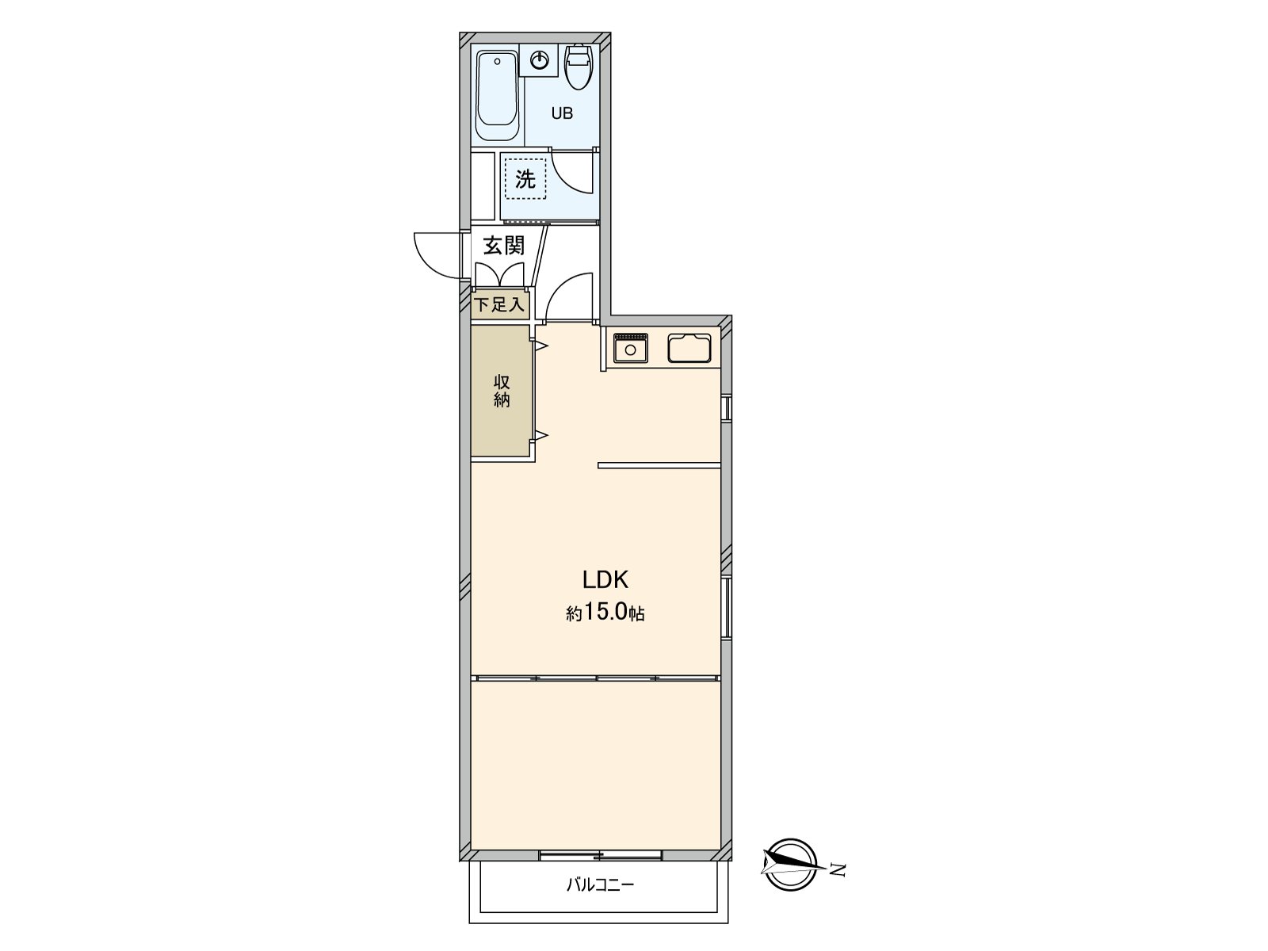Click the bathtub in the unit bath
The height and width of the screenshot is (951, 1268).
497,95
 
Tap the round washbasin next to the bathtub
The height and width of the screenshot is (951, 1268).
538,60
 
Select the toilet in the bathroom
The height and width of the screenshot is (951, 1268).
578,67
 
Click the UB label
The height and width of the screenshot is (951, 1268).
562,113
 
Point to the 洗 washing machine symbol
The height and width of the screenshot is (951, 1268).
525,179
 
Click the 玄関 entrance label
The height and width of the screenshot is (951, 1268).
504,246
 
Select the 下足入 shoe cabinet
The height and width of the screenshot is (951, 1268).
500,304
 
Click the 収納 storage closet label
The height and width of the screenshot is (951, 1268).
502,391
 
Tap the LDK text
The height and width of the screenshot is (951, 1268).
605,580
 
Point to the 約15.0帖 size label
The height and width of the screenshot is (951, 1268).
605,612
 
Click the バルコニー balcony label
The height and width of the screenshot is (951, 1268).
600,884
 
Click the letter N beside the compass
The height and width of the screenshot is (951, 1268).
838,869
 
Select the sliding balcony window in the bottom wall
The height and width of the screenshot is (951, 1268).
600,855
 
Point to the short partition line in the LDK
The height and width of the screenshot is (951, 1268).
659,465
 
